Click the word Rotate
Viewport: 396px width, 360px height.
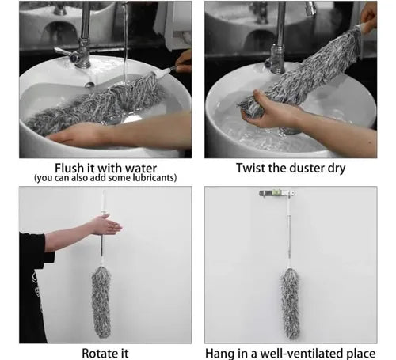(95, 353)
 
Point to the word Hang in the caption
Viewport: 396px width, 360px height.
(217, 354)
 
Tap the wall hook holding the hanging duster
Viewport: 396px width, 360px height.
(276, 193)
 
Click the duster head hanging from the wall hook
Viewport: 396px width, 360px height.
(290, 303)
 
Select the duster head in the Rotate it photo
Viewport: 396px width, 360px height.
(101, 302)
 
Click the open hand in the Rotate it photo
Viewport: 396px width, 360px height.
(106, 225)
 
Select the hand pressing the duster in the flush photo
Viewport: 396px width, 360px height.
(77, 136)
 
